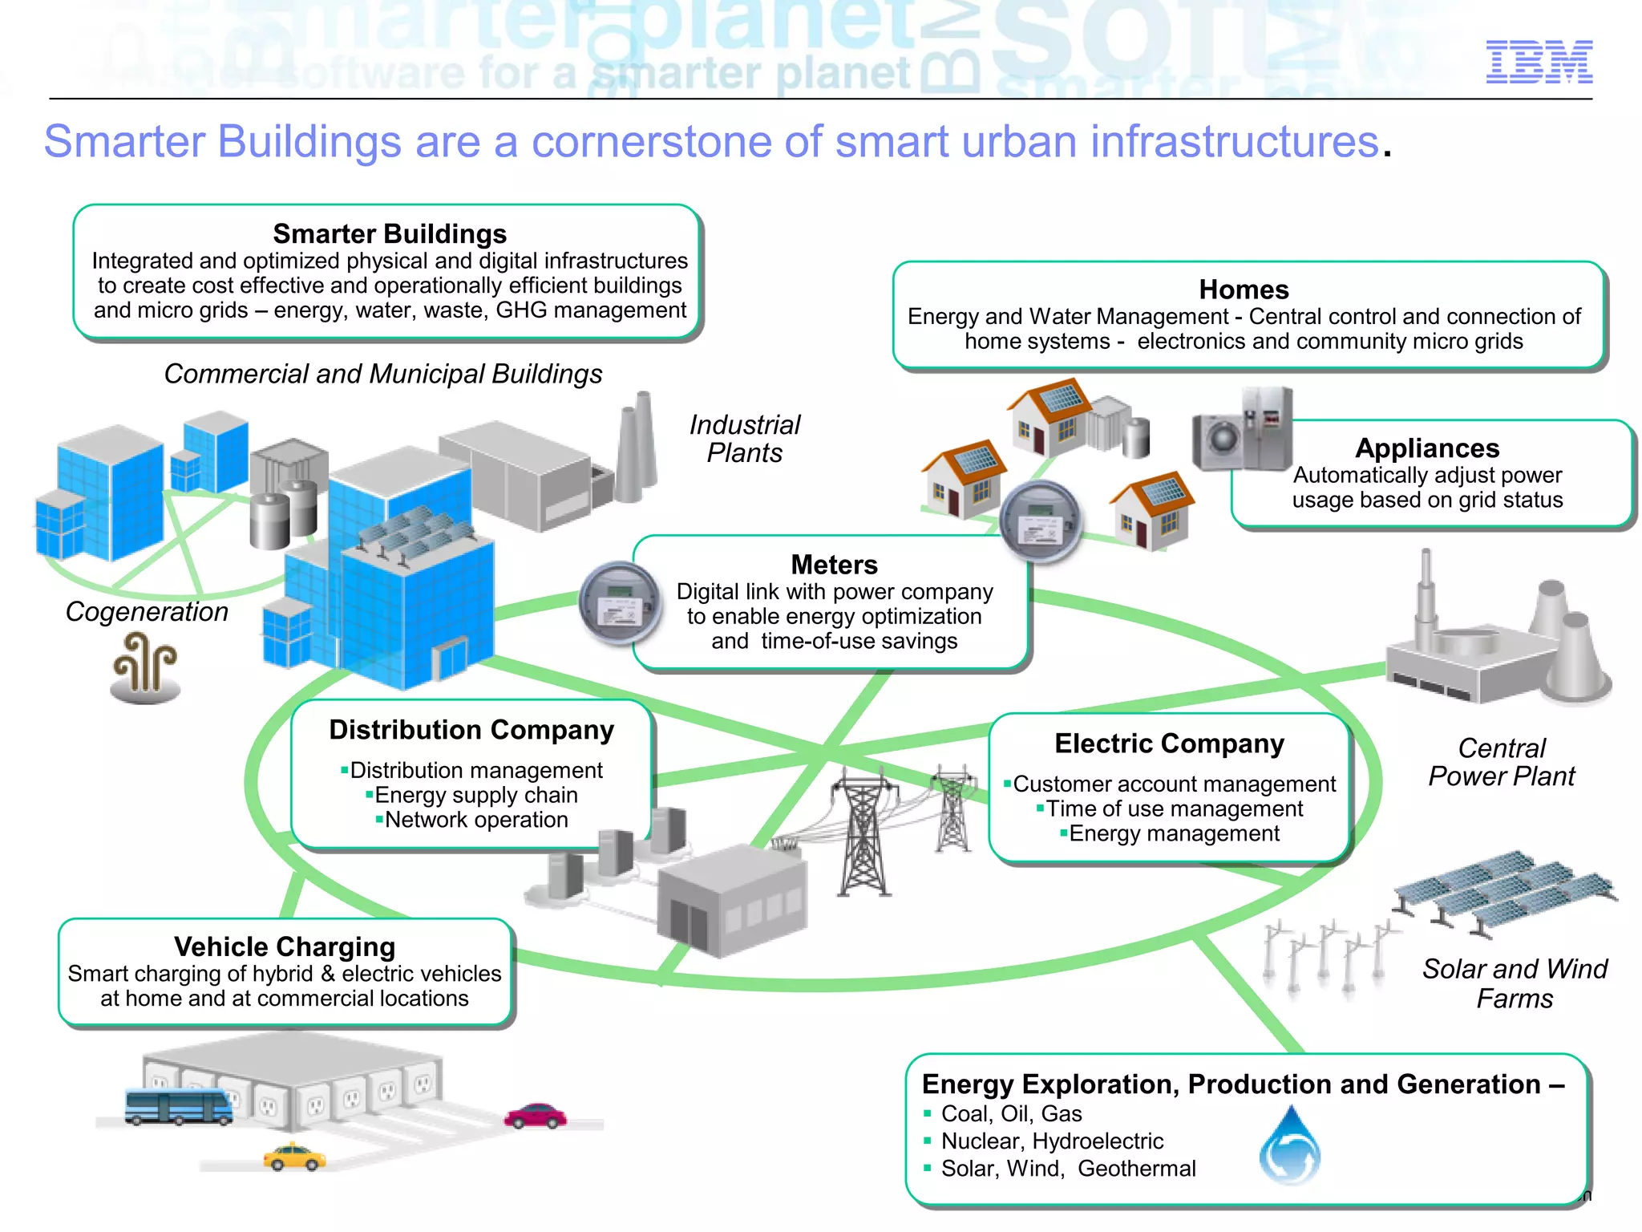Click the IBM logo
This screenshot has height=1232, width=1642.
1539,62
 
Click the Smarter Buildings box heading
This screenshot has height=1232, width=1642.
390,233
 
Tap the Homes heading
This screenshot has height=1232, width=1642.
1244,290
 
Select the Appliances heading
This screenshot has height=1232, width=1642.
1427,448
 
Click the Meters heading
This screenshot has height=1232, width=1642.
834,565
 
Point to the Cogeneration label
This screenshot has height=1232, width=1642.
147,612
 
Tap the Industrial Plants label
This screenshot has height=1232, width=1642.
745,439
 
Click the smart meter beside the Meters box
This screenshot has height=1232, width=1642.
620,603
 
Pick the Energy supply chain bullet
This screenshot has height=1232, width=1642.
475,795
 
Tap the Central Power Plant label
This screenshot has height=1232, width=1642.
1501,762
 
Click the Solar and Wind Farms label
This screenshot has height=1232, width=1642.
1515,983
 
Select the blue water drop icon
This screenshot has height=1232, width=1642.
1289,1147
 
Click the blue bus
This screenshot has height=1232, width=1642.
178,1107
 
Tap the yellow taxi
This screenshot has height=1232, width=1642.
294,1157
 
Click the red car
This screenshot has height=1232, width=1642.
536,1116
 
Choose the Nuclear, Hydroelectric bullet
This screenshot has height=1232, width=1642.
1051,1141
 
